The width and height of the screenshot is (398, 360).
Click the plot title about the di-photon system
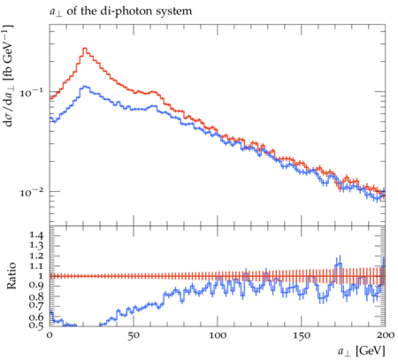(120, 11)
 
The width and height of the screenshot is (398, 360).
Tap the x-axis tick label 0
(50, 335)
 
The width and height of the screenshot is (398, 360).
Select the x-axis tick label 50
(134, 335)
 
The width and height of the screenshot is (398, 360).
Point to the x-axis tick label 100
(218, 335)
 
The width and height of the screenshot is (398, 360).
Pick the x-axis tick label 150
(302, 335)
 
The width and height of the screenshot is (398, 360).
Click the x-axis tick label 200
(385, 335)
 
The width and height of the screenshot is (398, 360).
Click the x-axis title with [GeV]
(361, 351)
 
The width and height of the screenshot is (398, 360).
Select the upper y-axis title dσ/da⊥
(9, 76)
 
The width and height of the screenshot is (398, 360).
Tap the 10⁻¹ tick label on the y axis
(31, 92)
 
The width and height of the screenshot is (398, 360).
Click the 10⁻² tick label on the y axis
(31, 192)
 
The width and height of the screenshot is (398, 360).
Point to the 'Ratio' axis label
(11, 276)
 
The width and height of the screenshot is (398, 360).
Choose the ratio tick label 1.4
(36, 235)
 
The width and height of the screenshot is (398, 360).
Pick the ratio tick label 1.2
(36, 256)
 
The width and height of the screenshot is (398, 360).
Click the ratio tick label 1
(41, 276)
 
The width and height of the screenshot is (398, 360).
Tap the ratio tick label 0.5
(36, 325)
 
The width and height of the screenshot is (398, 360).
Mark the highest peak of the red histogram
(85, 48)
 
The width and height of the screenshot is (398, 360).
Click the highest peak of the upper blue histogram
(85, 86)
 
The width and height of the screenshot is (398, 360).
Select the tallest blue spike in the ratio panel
(340, 259)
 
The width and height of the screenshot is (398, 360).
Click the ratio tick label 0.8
(36, 296)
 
